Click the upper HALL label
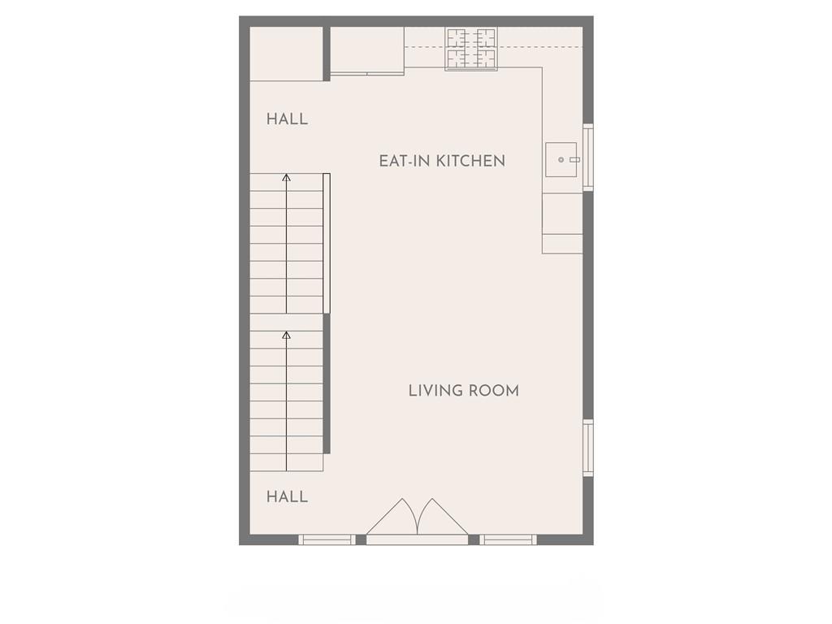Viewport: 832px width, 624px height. coord(287,119)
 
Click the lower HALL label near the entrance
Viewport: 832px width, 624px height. coord(287,497)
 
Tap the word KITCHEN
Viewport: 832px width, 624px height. coord(470,162)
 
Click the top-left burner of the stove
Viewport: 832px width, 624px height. coord(457,37)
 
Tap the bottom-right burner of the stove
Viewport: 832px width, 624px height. coord(485,58)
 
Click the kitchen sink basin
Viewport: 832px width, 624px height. coord(561,159)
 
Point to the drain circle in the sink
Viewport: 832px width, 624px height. coord(561,159)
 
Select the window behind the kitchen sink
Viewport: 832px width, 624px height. coord(588,157)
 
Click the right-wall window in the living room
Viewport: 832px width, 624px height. coord(588,448)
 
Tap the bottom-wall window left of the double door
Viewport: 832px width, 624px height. coord(327,539)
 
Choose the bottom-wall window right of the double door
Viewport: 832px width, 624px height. coord(509,539)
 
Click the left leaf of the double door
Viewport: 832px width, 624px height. coord(393,518)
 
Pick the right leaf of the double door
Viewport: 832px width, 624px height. coord(443,518)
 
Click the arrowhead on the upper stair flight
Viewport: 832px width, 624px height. coord(287,177)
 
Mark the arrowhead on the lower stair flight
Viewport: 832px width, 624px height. coord(287,335)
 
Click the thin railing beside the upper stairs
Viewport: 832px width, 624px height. coord(327,244)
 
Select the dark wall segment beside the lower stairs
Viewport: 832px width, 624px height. coord(327,383)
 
